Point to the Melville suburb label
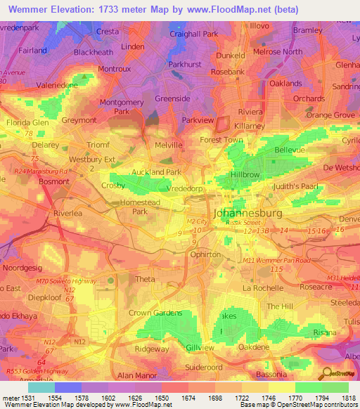point(168,145)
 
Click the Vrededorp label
point(186,189)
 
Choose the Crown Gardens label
point(155,313)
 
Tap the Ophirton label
point(206,255)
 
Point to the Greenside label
point(172,99)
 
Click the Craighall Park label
point(193,34)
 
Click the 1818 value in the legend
point(349,398)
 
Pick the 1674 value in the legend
point(186,398)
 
